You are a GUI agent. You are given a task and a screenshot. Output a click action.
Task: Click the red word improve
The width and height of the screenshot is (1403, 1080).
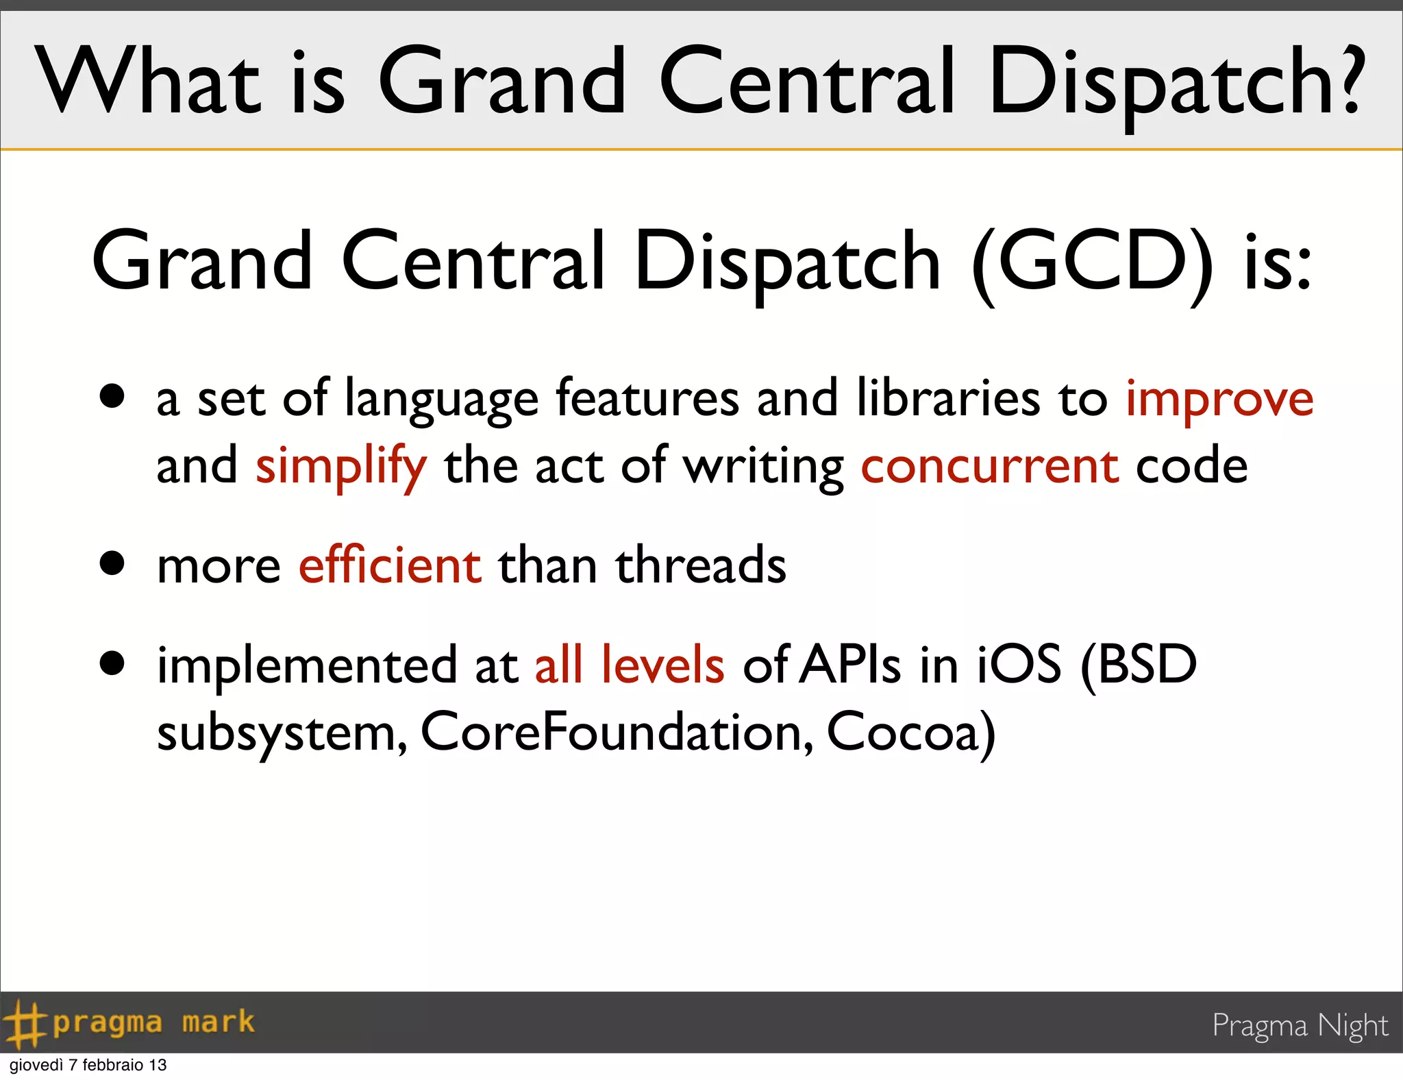[x=1219, y=400]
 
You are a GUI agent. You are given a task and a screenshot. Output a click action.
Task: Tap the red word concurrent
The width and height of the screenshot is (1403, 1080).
[x=990, y=466]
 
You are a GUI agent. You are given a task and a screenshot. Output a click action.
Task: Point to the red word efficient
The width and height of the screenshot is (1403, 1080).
[x=390, y=566]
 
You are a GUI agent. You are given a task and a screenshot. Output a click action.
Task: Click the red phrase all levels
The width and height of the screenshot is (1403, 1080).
[x=629, y=665]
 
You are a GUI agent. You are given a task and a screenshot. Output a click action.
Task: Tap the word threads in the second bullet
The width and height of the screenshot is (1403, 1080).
[x=701, y=566]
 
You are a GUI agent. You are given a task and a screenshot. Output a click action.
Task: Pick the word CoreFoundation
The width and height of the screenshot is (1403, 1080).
[x=617, y=733]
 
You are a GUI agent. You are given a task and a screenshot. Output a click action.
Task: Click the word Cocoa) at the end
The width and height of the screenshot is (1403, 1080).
[x=911, y=733]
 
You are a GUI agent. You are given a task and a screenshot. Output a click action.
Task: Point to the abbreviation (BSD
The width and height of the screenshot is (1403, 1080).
[x=1138, y=665]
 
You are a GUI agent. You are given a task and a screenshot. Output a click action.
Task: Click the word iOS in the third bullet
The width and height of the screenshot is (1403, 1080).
[x=1019, y=665]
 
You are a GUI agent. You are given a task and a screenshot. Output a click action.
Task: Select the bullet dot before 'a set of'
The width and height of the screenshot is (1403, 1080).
[x=112, y=395]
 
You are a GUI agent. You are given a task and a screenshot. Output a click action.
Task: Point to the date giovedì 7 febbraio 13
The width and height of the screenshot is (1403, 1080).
[x=88, y=1066]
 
